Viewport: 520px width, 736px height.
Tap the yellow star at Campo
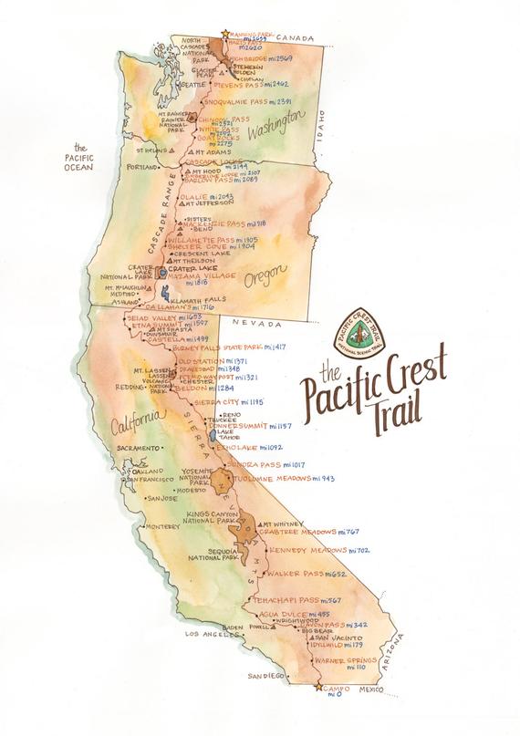click(x=317, y=687)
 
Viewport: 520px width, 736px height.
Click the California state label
click(x=135, y=421)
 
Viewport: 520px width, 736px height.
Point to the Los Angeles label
click(x=212, y=633)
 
